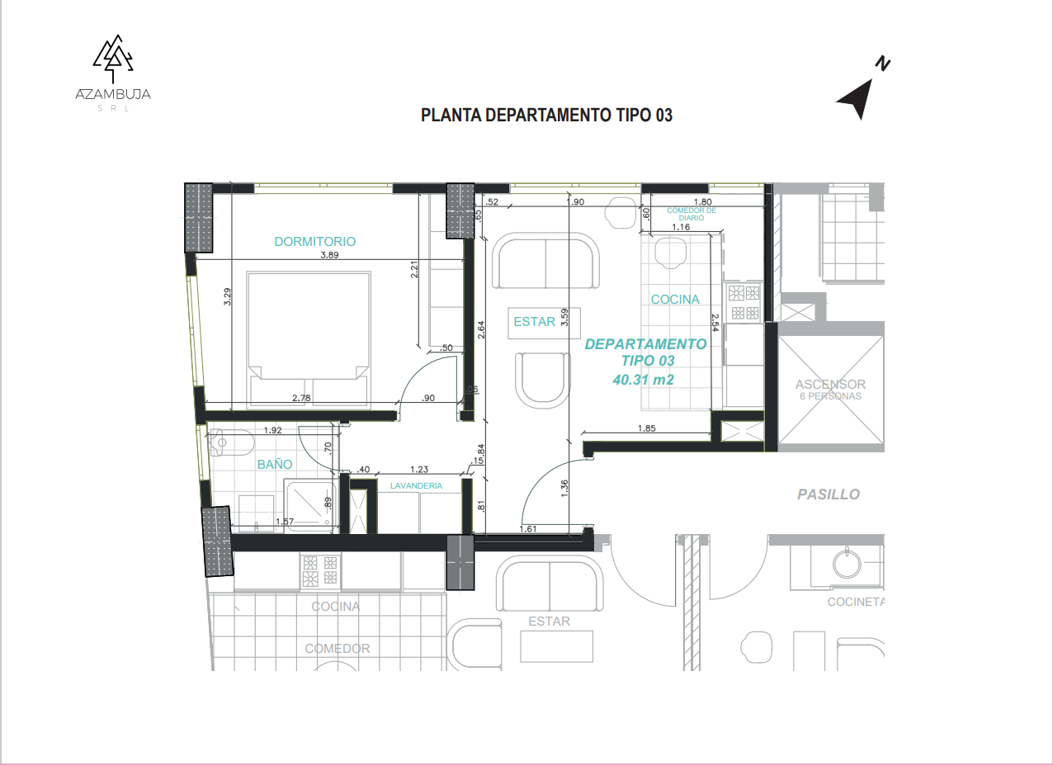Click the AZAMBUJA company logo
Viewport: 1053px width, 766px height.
[x=113, y=73]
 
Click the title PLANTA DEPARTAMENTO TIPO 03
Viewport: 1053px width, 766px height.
[x=546, y=116]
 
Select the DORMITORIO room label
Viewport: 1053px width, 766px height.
[x=315, y=242]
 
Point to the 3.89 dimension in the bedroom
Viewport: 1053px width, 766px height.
[x=329, y=255]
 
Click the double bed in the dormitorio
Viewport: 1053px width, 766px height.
[x=309, y=339]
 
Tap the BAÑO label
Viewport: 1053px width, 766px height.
[x=275, y=465]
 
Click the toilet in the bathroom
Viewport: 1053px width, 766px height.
[x=231, y=442]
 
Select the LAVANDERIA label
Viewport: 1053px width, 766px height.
[x=416, y=485]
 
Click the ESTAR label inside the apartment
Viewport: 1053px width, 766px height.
[x=534, y=322]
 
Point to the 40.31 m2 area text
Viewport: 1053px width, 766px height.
[x=644, y=380]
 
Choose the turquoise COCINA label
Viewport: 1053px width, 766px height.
[x=675, y=299]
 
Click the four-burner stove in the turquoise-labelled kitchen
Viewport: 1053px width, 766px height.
[x=744, y=302]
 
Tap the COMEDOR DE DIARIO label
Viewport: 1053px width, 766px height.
[x=692, y=214]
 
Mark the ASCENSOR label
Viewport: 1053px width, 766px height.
[x=830, y=384]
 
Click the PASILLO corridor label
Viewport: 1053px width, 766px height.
[x=829, y=494]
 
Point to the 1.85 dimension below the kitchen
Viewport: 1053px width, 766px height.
[x=647, y=428]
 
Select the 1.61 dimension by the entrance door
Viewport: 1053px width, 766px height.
[x=528, y=528]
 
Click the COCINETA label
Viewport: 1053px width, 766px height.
[x=856, y=602]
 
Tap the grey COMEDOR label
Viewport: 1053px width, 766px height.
[x=338, y=649]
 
